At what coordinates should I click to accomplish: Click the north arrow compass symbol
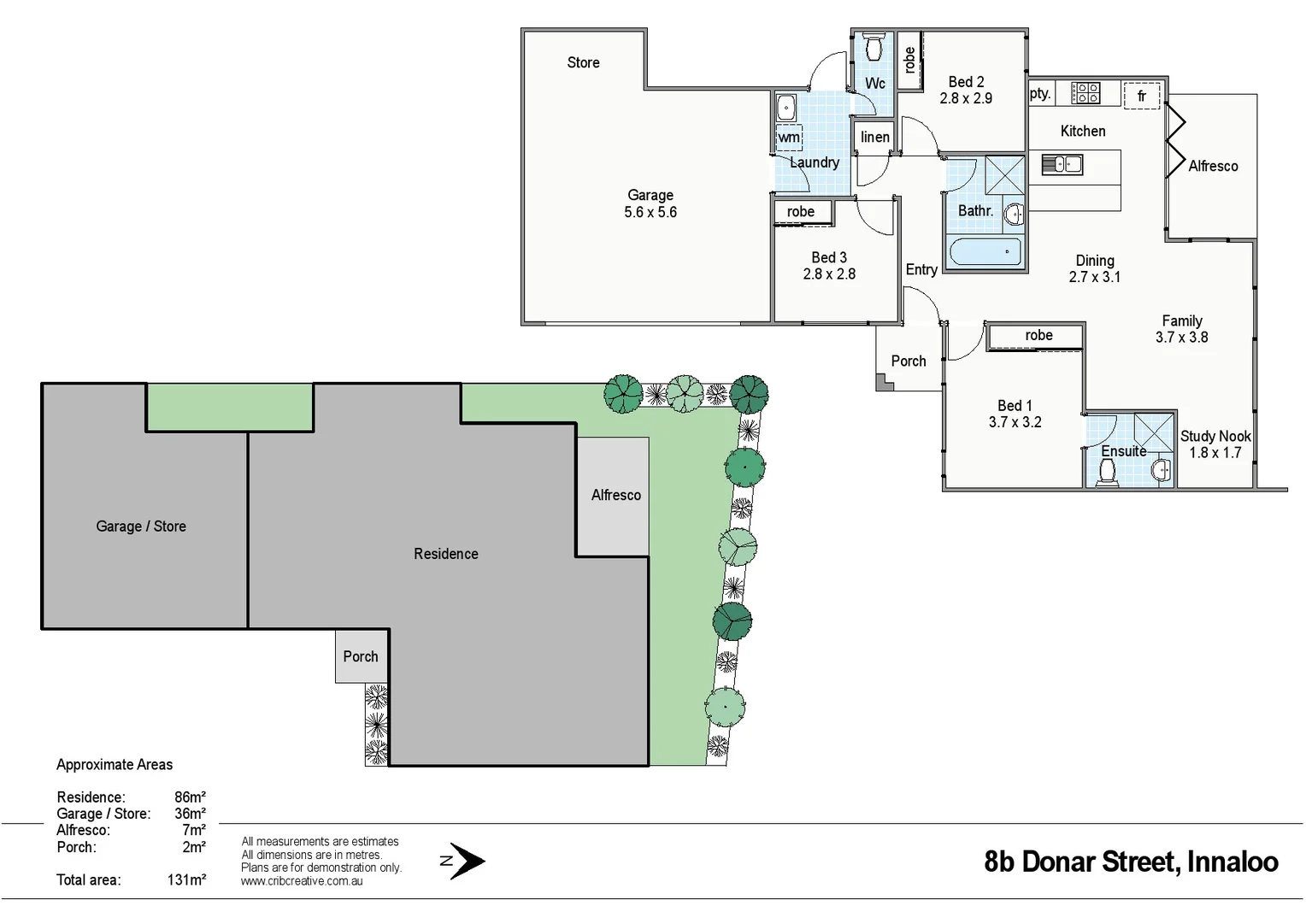(466, 861)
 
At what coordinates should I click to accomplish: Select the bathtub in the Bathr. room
(985, 252)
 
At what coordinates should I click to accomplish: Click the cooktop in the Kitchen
(1085, 93)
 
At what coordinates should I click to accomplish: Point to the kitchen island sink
(1062, 164)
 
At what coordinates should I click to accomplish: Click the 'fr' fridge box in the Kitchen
(1141, 96)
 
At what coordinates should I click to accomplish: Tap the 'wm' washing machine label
(788, 138)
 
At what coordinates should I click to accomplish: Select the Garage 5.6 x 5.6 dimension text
(650, 212)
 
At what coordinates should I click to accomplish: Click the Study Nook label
(1215, 436)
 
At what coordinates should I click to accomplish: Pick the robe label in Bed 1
(1038, 336)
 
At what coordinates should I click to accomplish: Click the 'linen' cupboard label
(874, 137)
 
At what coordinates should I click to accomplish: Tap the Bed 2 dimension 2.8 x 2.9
(966, 98)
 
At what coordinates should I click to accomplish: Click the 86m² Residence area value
(190, 797)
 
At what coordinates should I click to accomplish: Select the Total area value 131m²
(186, 879)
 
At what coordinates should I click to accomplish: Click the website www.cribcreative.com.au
(302, 881)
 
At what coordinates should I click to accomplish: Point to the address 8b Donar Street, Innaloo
(1131, 861)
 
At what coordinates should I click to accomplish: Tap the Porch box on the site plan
(361, 656)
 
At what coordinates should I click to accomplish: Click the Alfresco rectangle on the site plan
(613, 496)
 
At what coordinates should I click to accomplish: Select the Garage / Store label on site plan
(141, 526)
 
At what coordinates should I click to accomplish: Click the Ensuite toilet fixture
(1107, 471)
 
